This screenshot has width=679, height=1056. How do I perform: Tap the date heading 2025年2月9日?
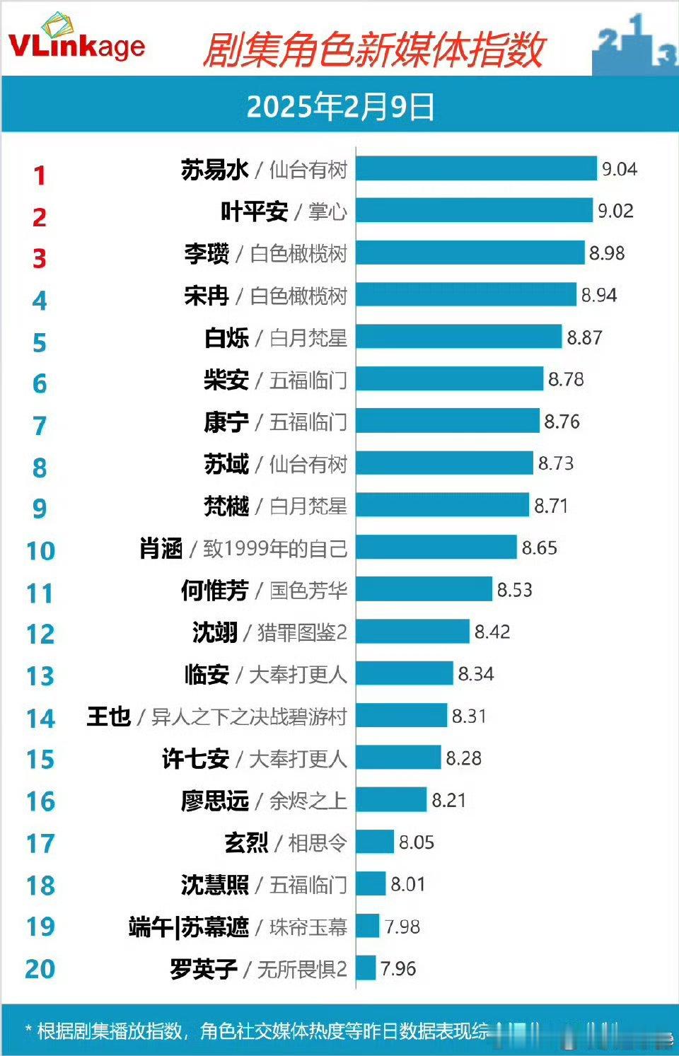pos(340,107)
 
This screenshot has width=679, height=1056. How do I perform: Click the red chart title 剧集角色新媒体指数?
pos(373,50)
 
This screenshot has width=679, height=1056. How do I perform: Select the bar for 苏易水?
pos(476,169)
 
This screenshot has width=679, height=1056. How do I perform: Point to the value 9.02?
pos(615,211)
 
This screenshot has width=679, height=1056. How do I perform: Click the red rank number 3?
pos(40,258)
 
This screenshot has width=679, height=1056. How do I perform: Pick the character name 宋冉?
pos(207,295)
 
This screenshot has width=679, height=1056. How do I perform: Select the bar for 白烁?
pos(458,337)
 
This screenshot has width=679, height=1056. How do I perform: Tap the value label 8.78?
pos(566,379)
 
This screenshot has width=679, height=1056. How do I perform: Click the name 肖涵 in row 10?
pos(161,547)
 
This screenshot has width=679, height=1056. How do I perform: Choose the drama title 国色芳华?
pos(308,590)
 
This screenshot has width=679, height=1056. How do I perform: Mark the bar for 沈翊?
pos(412,632)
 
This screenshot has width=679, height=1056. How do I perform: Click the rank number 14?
pos(40,718)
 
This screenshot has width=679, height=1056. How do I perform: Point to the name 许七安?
pos(196,758)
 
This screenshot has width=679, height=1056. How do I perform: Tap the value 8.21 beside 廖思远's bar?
pos(449,800)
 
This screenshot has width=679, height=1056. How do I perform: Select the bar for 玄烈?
pos(375,842)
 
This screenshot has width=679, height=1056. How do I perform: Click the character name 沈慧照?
pos(215,884)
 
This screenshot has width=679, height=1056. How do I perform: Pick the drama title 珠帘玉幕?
pos(308,927)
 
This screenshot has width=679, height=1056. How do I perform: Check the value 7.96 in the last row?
pos(398,968)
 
